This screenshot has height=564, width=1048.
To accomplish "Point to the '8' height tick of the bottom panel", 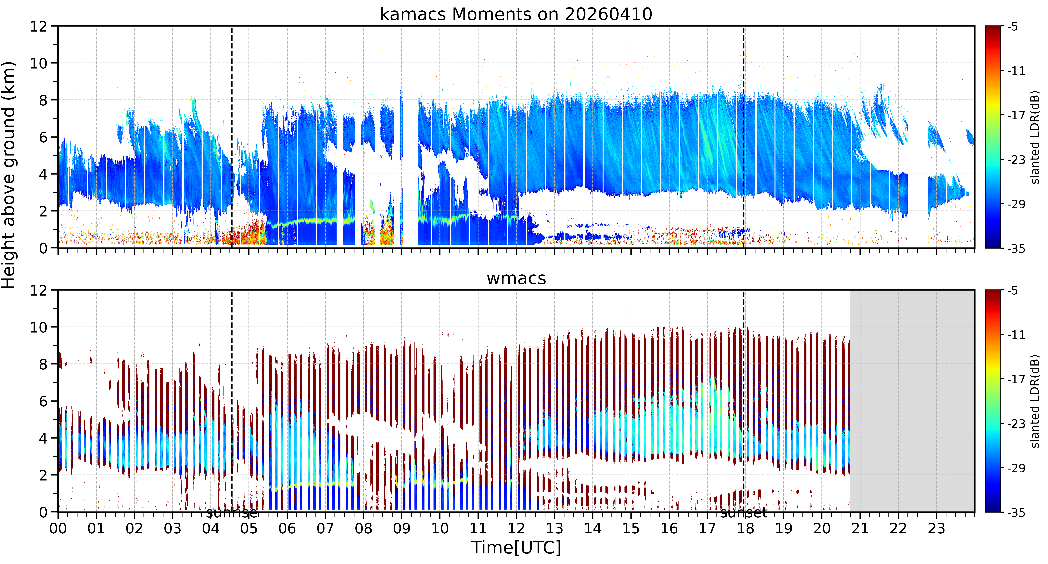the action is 43,364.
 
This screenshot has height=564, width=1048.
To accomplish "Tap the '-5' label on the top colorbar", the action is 1013,27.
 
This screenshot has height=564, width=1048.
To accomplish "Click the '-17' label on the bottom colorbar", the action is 1016,379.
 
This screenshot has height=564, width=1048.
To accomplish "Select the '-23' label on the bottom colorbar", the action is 1016,424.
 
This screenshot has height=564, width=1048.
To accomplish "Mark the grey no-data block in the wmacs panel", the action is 912,401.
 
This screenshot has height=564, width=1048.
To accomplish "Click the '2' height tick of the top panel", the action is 43,211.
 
